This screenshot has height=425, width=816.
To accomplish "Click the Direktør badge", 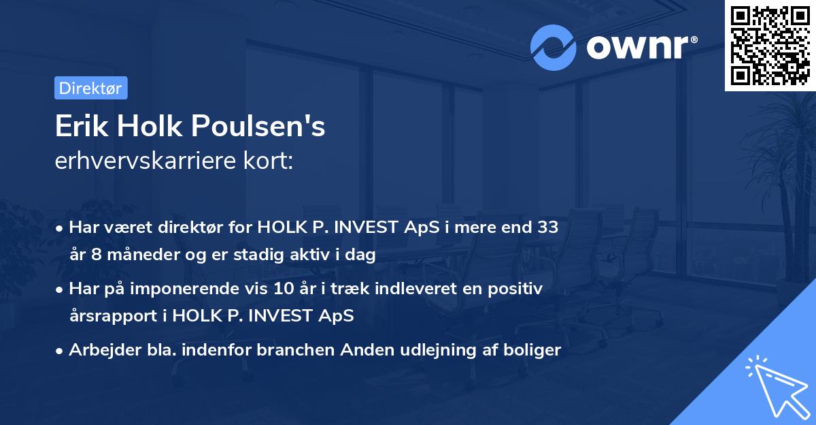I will tap(90, 88).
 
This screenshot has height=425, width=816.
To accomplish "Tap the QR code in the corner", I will tap(770, 45).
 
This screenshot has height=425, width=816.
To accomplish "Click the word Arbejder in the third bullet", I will tap(99, 350).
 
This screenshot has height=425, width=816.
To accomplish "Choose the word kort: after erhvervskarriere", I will tap(269, 161).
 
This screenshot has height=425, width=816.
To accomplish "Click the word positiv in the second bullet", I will tap(517, 289).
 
